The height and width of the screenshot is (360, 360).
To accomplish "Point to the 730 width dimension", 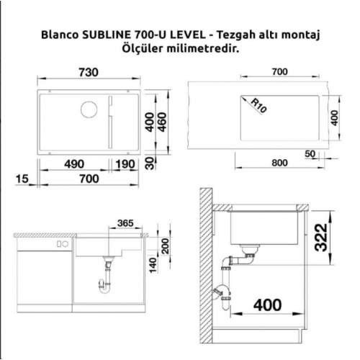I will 88,73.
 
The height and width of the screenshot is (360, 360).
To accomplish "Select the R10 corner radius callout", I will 253,106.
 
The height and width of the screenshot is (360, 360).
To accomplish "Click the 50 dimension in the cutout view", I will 310,154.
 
